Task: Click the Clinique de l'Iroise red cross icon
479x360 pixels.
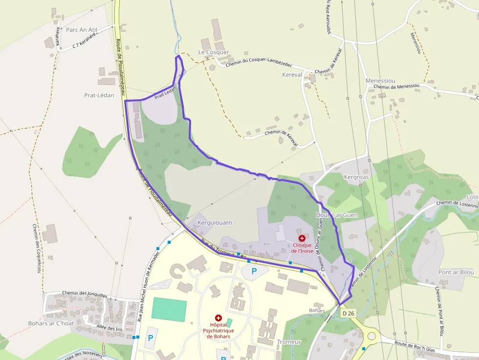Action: (302, 238)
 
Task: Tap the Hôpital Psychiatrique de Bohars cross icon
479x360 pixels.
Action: (218, 318)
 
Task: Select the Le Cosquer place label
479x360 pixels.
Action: (214, 52)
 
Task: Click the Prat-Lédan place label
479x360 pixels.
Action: (99, 95)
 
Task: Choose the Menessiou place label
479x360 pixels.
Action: (380, 81)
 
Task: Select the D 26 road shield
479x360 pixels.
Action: (348, 313)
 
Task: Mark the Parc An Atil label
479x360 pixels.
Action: (82, 30)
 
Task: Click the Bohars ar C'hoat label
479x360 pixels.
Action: (51, 323)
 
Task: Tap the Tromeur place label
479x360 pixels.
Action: (288, 342)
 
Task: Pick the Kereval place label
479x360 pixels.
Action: (292, 75)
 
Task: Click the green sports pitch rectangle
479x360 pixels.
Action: (169, 310)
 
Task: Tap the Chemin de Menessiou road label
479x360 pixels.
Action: (396, 86)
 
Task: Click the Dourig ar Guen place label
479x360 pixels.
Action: (337, 215)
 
